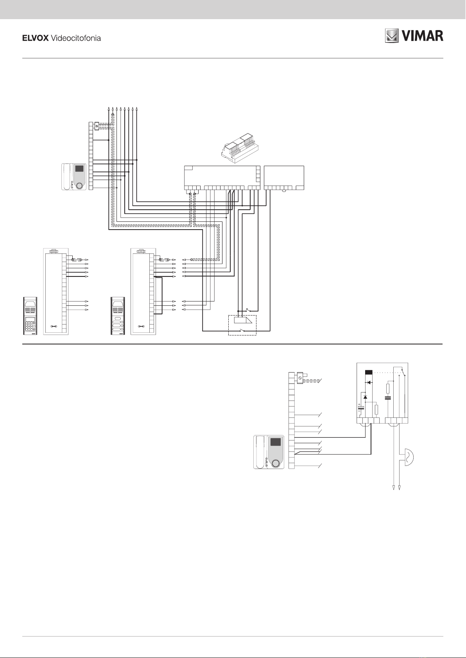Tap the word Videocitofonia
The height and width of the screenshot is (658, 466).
click(x=76, y=38)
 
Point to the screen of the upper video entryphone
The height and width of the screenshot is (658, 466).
click(x=79, y=169)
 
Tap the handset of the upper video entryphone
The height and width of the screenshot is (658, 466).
click(x=66, y=177)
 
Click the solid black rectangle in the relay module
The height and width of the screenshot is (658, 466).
click(x=368, y=372)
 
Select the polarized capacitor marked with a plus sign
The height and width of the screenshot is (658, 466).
click(x=360, y=409)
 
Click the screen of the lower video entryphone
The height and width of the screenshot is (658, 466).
click(x=276, y=442)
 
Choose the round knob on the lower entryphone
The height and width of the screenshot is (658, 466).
click(x=276, y=463)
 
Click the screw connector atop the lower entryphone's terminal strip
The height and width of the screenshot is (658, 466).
click(x=300, y=378)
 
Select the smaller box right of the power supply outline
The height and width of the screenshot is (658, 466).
click(x=284, y=178)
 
